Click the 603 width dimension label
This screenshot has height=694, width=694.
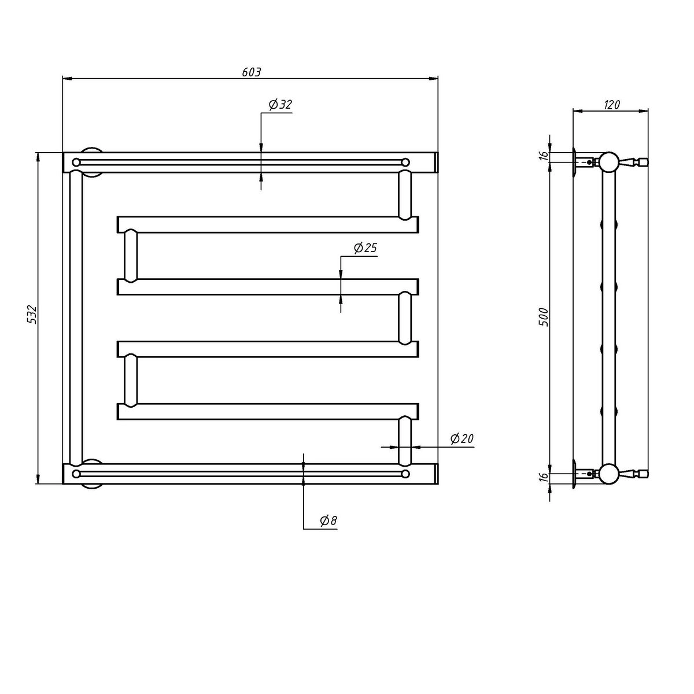pos(251,72)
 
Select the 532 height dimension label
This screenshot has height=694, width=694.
pos(32,314)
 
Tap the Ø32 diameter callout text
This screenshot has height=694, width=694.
pos(280,105)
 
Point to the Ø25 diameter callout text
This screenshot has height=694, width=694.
pos(365,248)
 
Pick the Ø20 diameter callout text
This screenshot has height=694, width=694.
pos(462,438)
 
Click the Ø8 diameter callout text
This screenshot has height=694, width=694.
pos(328,520)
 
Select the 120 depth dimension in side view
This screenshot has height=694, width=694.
pos(611,105)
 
